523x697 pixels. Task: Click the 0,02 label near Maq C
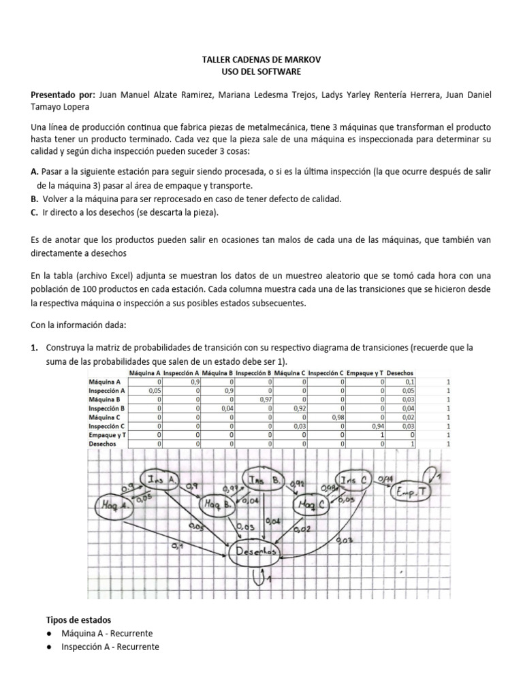[x=304, y=529]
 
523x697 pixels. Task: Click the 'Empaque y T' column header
[x=365, y=373]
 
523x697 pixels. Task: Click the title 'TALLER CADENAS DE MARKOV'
[x=261, y=59]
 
